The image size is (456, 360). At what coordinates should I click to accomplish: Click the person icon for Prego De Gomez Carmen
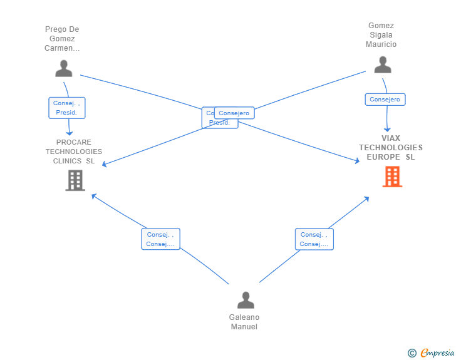(63, 68)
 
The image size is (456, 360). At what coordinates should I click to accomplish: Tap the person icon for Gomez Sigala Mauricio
(382, 64)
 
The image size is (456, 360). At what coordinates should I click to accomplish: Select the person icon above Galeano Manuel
(246, 300)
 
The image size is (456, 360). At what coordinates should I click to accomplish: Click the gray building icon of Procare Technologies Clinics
(75, 180)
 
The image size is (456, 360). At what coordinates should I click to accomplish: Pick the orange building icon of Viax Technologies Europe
(392, 177)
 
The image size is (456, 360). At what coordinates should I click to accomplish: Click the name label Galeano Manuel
(244, 322)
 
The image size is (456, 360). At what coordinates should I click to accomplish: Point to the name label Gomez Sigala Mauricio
(381, 35)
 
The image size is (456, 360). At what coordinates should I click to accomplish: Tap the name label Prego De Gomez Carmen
(62, 39)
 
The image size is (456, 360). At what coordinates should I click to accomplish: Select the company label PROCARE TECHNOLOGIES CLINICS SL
(74, 152)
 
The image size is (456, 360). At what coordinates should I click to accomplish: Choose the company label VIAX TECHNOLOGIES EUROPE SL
(391, 148)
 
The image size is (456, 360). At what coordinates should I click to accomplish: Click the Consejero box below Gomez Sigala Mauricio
(385, 100)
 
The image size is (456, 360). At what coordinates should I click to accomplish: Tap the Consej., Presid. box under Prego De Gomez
(66, 108)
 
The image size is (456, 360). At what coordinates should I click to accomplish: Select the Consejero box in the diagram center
(234, 113)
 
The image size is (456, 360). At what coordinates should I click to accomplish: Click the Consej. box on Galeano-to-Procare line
(160, 239)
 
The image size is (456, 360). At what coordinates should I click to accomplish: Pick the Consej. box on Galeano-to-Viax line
(314, 239)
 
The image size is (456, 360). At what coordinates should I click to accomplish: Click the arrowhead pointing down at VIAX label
(387, 129)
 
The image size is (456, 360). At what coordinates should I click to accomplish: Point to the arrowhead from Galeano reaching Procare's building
(93, 195)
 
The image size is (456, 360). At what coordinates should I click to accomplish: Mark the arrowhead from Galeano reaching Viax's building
(366, 198)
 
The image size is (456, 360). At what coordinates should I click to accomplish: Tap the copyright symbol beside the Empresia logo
(412, 354)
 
